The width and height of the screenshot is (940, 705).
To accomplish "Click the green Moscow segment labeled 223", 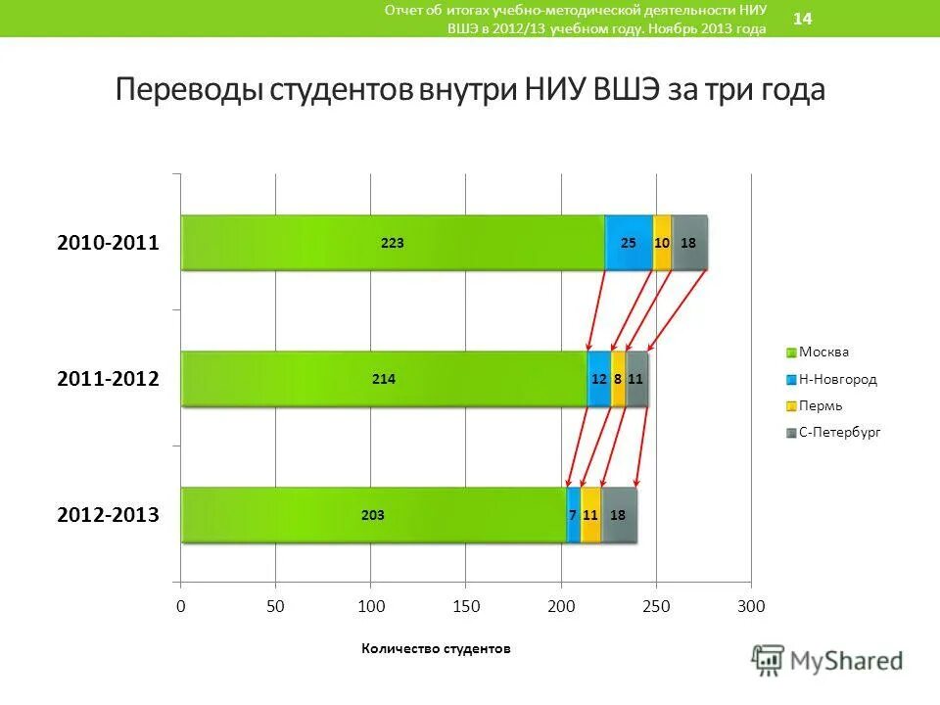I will pyautogui.click(x=392, y=243).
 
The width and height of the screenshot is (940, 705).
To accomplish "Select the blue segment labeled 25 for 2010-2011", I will pyautogui.click(x=629, y=243).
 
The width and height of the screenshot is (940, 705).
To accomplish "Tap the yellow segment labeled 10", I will pyautogui.click(x=663, y=243).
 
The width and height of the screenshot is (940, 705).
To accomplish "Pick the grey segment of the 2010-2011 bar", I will pyautogui.click(x=689, y=243).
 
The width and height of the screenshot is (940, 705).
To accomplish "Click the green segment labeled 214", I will pyautogui.click(x=384, y=379).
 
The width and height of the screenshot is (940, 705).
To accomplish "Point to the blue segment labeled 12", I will pyautogui.click(x=598, y=379).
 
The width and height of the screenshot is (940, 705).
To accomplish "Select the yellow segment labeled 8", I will pyautogui.click(x=618, y=379).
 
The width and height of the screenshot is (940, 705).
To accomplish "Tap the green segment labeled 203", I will pyautogui.click(x=373, y=515).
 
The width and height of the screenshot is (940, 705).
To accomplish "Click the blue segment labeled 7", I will pyautogui.click(x=573, y=515).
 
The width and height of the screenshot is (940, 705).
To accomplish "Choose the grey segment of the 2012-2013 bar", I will pyautogui.click(x=619, y=515).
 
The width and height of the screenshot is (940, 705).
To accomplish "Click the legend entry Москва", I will pyautogui.click(x=823, y=352).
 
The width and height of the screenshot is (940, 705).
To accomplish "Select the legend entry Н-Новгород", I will pyautogui.click(x=837, y=379).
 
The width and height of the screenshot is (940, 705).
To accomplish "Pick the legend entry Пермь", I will pyautogui.click(x=821, y=405).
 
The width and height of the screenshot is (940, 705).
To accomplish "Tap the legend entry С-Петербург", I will pyautogui.click(x=839, y=432).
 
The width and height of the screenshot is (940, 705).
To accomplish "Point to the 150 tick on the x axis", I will pyautogui.click(x=466, y=607).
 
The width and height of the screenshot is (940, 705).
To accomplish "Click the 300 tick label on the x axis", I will pyautogui.click(x=751, y=607).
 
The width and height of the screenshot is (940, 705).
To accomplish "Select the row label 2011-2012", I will pyautogui.click(x=108, y=379).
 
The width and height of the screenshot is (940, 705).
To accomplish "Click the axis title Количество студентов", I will pyautogui.click(x=437, y=648).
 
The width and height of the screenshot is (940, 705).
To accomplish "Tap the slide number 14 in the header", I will pyautogui.click(x=802, y=19).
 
